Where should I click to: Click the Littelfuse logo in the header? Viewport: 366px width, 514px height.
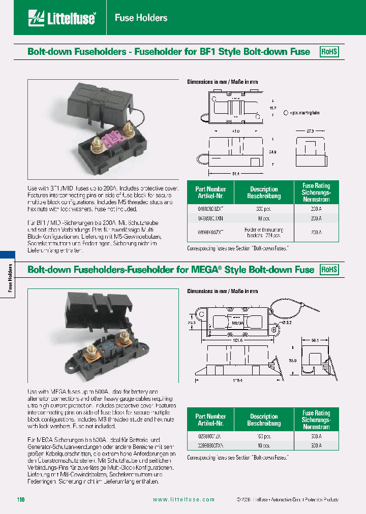[x=62, y=19]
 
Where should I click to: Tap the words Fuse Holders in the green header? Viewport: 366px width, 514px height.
[x=141, y=18]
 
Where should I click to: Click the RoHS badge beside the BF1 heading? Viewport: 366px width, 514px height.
[x=329, y=52]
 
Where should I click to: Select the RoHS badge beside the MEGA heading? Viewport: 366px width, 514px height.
[x=329, y=270]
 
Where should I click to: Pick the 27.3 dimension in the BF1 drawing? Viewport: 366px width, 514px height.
[x=309, y=131]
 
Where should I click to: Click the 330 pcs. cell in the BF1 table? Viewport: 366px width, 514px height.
[x=263, y=208]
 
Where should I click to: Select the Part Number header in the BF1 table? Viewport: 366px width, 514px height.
[x=210, y=192]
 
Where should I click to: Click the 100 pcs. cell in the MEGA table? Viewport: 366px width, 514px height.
[x=263, y=436]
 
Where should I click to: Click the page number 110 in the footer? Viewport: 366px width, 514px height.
[x=20, y=500]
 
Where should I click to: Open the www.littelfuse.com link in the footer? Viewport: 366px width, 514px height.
[x=184, y=500]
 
